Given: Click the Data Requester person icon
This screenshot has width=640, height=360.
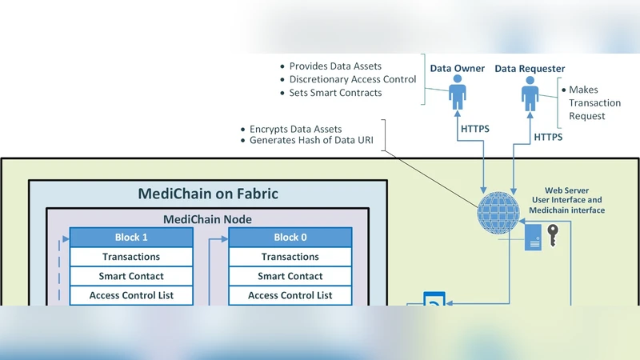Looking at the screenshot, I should pyautogui.click(x=530, y=94).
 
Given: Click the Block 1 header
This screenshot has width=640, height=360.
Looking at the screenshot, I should pyautogui.click(x=132, y=237).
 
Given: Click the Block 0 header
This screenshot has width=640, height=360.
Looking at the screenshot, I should pyautogui.click(x=290, y=237).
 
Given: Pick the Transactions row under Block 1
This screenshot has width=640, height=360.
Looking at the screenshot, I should pyautogui.click(x=132, y=257).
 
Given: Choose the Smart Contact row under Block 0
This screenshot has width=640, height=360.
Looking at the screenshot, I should pyautogui.click(x=290, y=276).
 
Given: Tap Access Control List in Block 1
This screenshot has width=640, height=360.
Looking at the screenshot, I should pyautogui.click(x=132, y=295).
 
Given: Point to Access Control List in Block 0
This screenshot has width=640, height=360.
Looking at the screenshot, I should pyautogui.click(x=290, y=295).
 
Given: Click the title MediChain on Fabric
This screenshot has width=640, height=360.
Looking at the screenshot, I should pyautogui.click(x=208, y=194).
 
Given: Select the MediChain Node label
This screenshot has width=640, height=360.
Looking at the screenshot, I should pyautogui.click(x=208, y=218).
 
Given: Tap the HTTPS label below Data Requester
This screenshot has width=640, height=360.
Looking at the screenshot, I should pyautogui.click(x=548, y=137).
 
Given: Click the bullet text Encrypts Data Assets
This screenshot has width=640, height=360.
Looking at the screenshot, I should pyautogui.click(x=296, y=129).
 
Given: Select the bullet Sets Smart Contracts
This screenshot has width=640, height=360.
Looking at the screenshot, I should pyautogui.click(x=336, y=93).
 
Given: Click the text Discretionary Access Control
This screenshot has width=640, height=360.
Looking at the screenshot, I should pyautogui.click(x=353, y=79).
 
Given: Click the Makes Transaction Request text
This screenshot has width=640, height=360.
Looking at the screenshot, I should pyautogui.click(x=594, y=103).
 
